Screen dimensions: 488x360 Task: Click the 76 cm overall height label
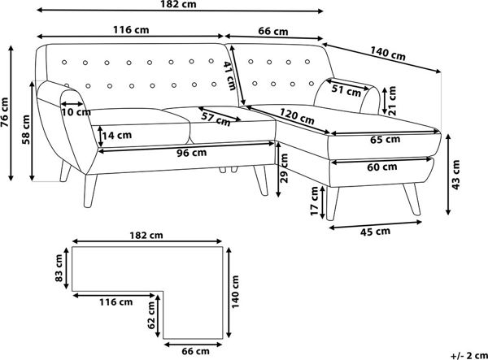pos(5,112)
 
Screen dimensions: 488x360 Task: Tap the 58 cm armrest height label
pos(26,130)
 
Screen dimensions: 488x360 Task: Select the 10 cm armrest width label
pos(76,112)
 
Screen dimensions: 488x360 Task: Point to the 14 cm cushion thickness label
pos(117,135)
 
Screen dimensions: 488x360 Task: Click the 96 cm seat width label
pos(191,153)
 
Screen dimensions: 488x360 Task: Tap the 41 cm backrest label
pos(229,76)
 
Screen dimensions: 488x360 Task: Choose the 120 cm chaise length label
pos(297,116)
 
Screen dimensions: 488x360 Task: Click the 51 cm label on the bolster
pos(346,90)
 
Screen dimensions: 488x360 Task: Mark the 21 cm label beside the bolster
pos(393,101)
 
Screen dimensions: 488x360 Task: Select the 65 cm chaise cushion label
pos(385,140)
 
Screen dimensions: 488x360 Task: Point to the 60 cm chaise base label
pos(382,167)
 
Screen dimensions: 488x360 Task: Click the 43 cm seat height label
pos(455,175)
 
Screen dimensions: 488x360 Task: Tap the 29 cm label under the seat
pos(284,168)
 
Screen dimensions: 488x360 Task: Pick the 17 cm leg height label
pos(315,202)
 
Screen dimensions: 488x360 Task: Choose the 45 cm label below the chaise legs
pos(375,232)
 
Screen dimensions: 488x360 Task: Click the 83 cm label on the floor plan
pos(59,268)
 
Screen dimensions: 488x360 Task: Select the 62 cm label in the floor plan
pos(151,315)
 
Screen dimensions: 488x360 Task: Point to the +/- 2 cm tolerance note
pos(469,355)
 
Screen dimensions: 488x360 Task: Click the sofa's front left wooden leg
pos(89,190)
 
